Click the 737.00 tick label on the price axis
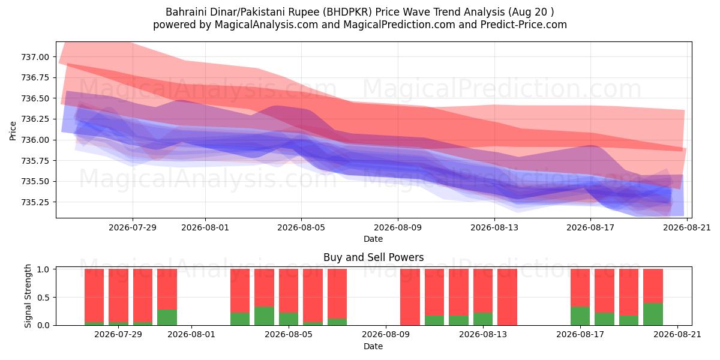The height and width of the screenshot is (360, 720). (x=35, y=57)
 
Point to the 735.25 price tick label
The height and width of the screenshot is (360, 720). (x=35, y=202)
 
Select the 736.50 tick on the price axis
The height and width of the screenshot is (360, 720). (x=35, y=98)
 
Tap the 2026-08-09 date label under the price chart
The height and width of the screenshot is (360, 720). (x=398, y=227)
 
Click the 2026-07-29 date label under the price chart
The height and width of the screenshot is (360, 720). (x=133, y=227)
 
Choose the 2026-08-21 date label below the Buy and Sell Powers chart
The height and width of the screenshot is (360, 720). (x=677, y=334)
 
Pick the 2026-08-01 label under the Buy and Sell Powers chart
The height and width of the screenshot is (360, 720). (x=191, y=334)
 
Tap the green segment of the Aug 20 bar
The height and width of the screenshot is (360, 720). (x=653, y=314)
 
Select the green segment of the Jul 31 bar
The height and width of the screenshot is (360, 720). (x=167, y=317)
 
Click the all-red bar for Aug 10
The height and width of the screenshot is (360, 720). (x=410, y=297)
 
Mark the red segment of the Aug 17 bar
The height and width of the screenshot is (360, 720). (x=580, y=287)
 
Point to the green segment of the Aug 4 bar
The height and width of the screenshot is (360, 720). (x=264, y=316)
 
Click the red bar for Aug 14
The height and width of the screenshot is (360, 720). (x=507, y=297)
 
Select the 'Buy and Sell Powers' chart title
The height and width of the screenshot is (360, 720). (x=373, y=257)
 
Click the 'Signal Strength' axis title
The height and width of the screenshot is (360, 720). (x=28, y=296)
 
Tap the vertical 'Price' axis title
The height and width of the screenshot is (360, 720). (x=13, y=131)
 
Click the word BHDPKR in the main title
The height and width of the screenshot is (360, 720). (x=347, y=12)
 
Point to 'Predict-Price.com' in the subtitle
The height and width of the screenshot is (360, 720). (x=523, y=25)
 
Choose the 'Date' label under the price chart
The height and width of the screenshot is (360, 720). (x=373, y=239)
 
